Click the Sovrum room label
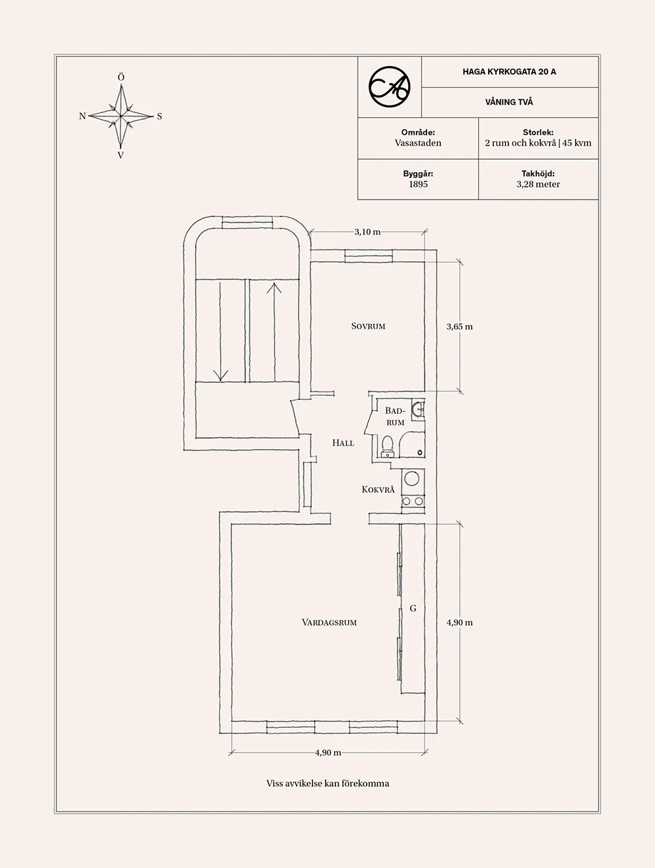point(367,326)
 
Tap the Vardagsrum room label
point(329,623)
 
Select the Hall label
point(343,443)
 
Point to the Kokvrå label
point(378,490)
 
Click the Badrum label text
point(395,416)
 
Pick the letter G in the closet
point(413,609)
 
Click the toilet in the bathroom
point(388,445)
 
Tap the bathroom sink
point(418,409)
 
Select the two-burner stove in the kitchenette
point(412,501)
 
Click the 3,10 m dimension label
point(367,232)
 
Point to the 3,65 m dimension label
point(459,327)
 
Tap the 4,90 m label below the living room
point(327,753)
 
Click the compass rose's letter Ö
point(121,77)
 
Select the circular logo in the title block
point(389,86)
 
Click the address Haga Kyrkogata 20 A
point(509,72)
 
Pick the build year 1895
point(418,185)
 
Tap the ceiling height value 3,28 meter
point(538,185)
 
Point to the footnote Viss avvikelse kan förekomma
point(327,784)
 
